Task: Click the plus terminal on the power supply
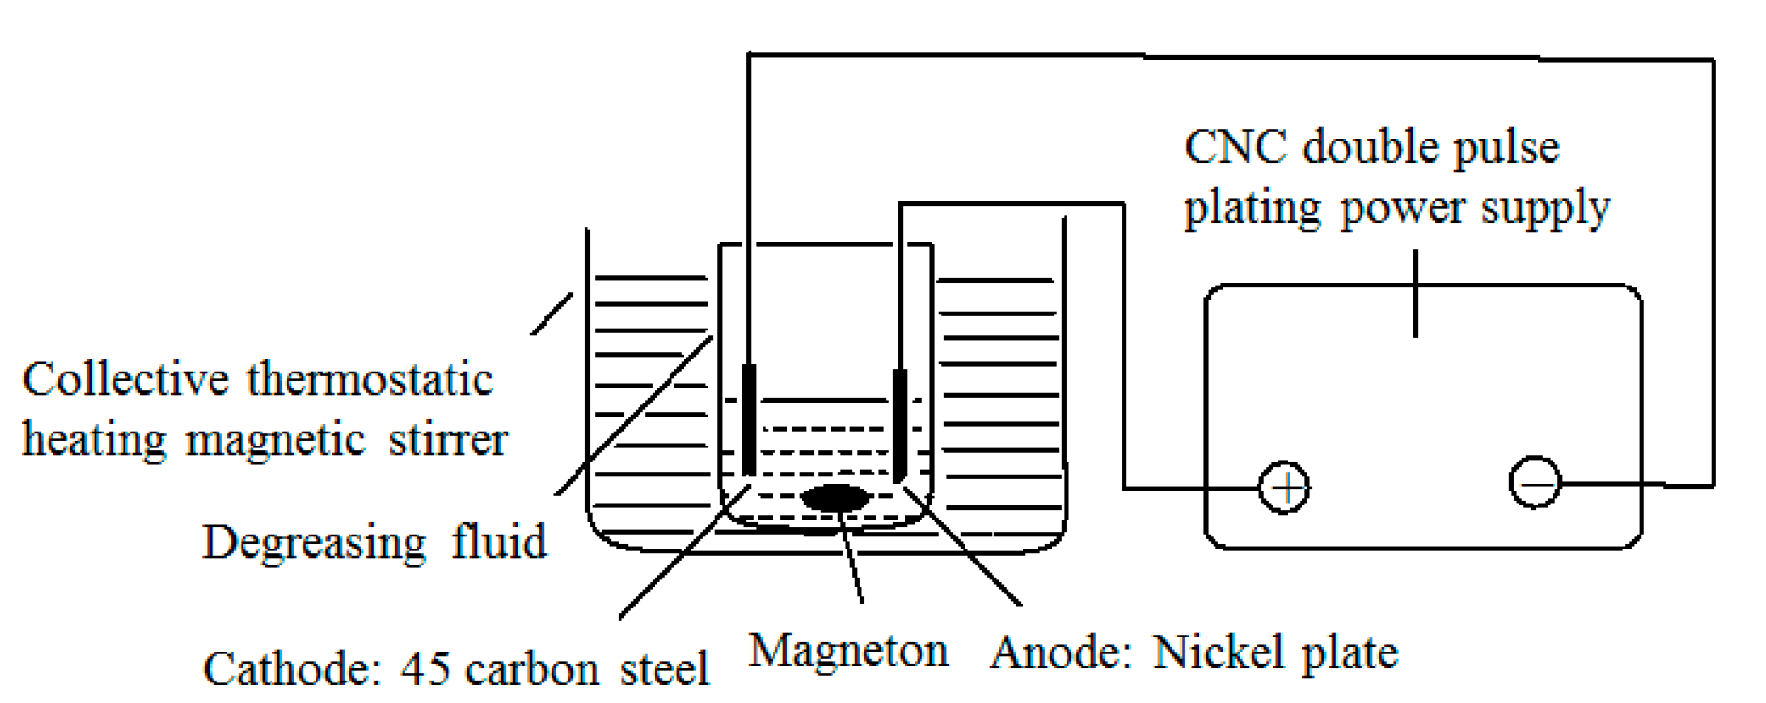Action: (1284, 487)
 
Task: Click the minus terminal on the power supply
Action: (1535, 483)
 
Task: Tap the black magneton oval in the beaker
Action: (834, 498)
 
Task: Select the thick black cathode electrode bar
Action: (748, 419)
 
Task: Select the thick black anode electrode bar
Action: (900, 424)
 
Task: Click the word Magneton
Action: (848, 651)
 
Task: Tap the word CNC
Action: (1235, 148)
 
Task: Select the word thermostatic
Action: (370, 380)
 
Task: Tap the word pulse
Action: (1507, 148)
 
